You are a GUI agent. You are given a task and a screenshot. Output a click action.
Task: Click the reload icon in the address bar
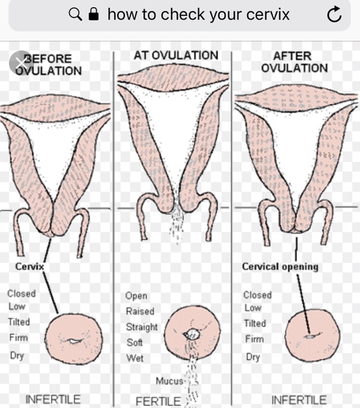[335, 14]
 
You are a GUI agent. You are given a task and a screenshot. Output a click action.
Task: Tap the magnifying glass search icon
[75, 14]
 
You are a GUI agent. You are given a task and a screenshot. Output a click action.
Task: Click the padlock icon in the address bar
[94, 14]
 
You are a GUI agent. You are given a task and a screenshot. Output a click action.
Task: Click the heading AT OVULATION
[176, 55]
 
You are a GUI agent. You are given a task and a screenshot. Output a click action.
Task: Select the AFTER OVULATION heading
[294, 62]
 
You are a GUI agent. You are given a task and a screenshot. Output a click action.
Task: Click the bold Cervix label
[29, 266]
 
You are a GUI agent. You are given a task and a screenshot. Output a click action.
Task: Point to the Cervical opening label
[280, 266]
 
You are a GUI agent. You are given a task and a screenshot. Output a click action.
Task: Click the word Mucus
[169, 381]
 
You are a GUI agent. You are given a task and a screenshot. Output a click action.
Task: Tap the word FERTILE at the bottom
[158, 401]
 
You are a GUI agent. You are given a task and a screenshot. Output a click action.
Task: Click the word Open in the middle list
[136, 296]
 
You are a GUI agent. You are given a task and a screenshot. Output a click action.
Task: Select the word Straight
[141, 327]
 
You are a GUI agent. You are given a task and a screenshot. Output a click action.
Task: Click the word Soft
[134, 342]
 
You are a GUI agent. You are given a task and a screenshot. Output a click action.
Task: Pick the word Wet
[134, 358]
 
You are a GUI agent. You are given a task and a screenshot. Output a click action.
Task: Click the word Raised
[140, 311]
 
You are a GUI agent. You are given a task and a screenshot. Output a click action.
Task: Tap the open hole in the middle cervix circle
[192, 334]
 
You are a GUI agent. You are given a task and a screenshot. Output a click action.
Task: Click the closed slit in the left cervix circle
[74, 340]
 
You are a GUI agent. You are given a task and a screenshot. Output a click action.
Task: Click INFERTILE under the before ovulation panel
[53, 400]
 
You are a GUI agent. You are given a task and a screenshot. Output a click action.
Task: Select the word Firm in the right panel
[254, 339]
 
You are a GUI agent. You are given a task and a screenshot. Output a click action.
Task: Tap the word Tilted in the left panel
[18, 322]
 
